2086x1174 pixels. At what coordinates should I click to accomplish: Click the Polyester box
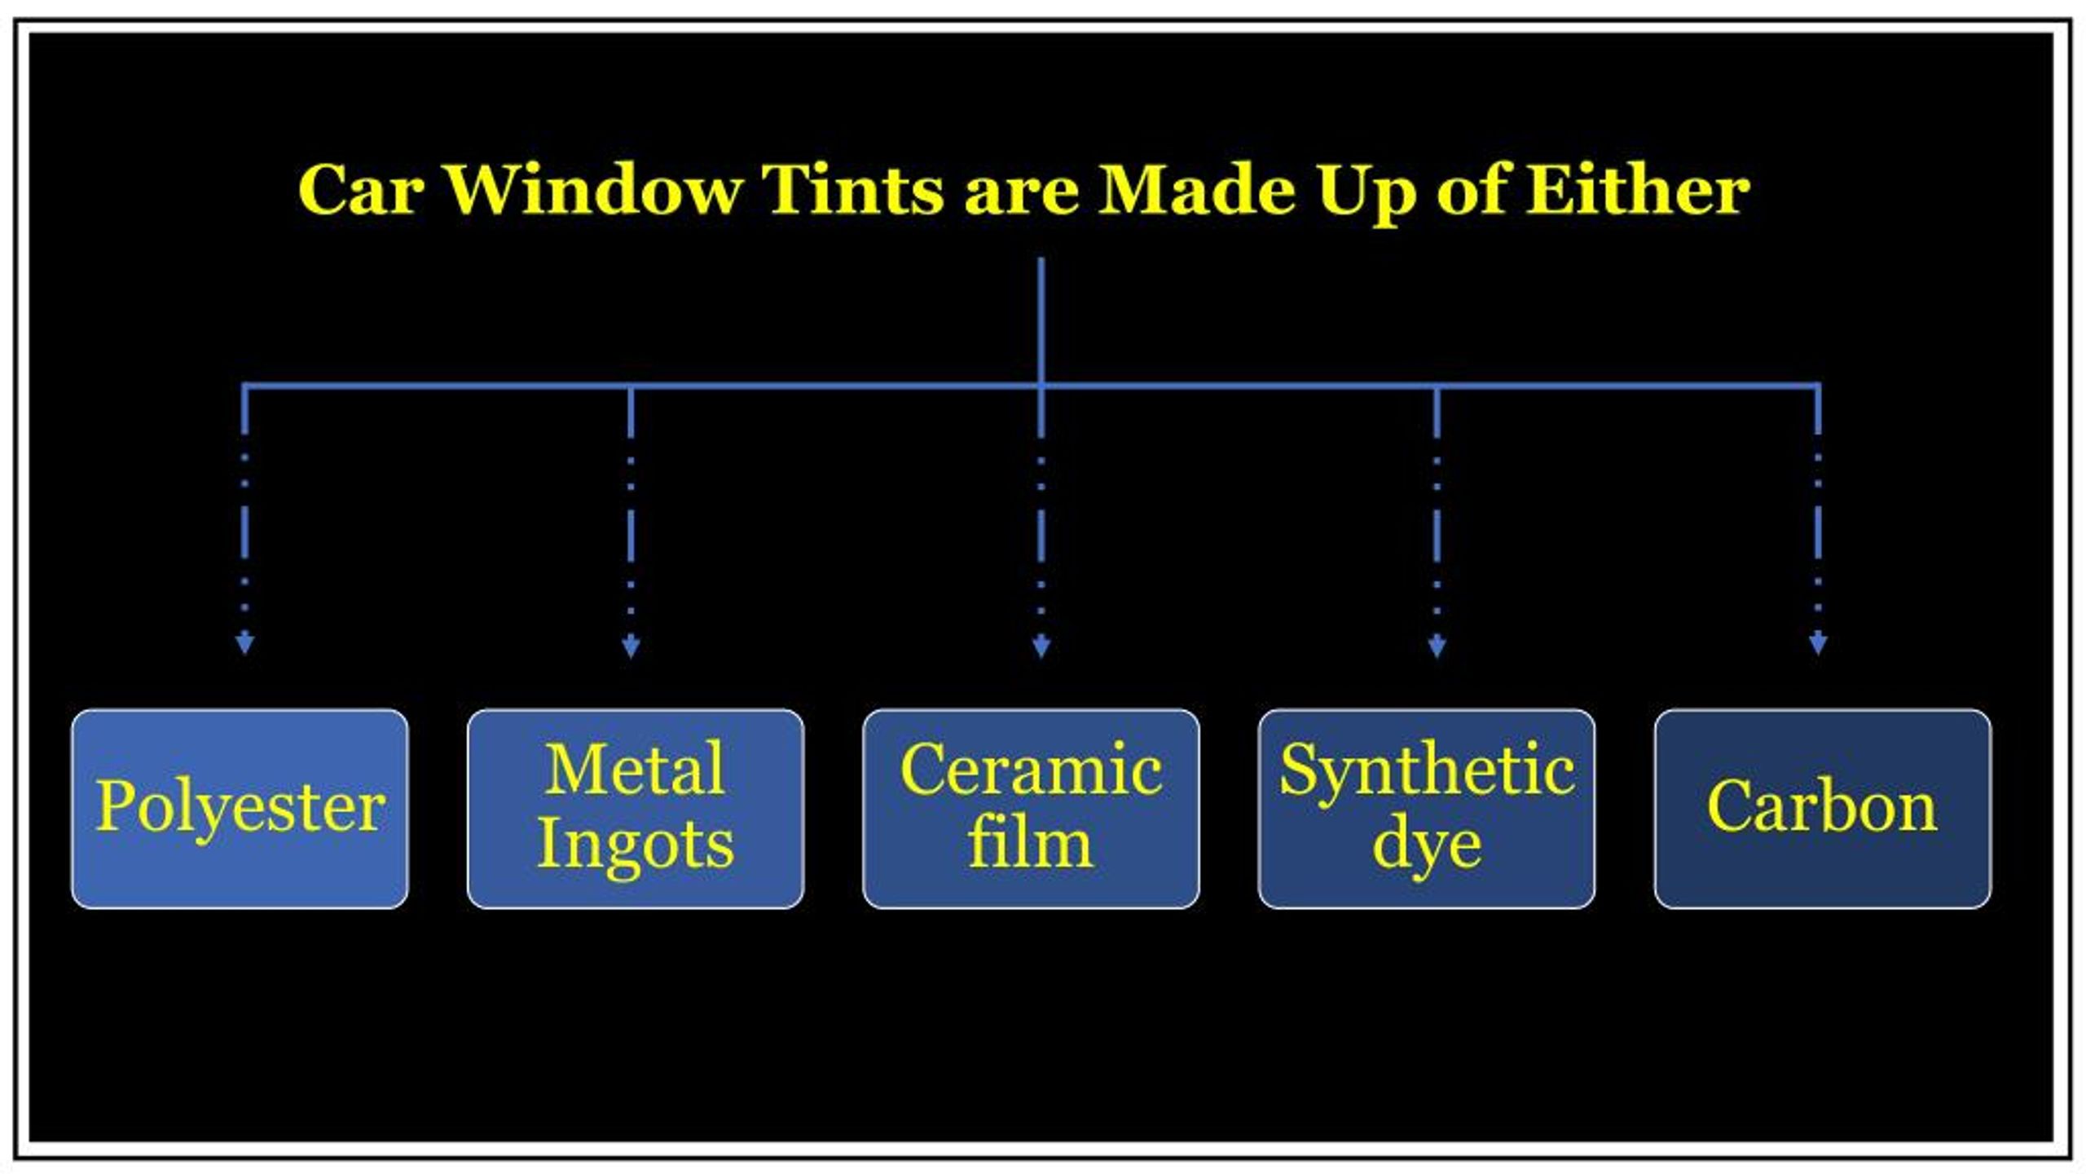pos(240,808)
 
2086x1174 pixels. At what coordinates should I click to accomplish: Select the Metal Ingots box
pos(636,808)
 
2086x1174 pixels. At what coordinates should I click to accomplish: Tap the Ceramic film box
pos(1031,808)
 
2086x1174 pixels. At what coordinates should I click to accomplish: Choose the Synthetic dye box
pos(1427,808)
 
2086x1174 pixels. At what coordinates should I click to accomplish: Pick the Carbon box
pos(1823,808)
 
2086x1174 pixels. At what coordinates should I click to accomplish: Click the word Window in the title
pos(595,189)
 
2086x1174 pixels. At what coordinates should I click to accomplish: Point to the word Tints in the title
pos(852,189)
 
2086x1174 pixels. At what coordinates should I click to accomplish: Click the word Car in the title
pos(361,189)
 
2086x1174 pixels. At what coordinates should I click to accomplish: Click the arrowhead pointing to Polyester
pos(244,643)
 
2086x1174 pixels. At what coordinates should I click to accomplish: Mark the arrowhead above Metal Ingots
pos(631,646)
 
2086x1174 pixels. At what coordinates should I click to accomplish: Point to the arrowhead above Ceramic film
pos(1041,646)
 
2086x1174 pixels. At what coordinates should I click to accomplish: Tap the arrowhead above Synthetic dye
pos(1437,646)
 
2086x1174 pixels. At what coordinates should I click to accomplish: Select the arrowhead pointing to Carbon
pos(1818,643)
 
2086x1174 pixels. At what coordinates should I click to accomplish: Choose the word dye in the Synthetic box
pos(1427,849)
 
